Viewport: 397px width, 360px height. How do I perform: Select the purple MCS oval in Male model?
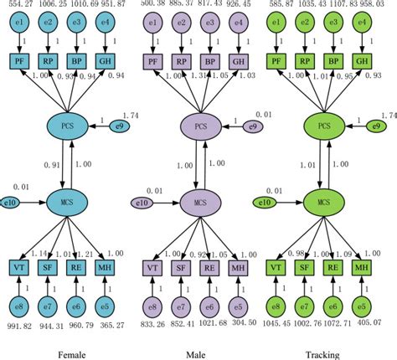click(x=199, y=203)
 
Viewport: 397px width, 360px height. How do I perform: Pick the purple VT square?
click(x=153, y=267)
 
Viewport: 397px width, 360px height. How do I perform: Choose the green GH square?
click(x=361, y=61)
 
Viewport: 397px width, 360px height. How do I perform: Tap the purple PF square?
click(x=153, y=61)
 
